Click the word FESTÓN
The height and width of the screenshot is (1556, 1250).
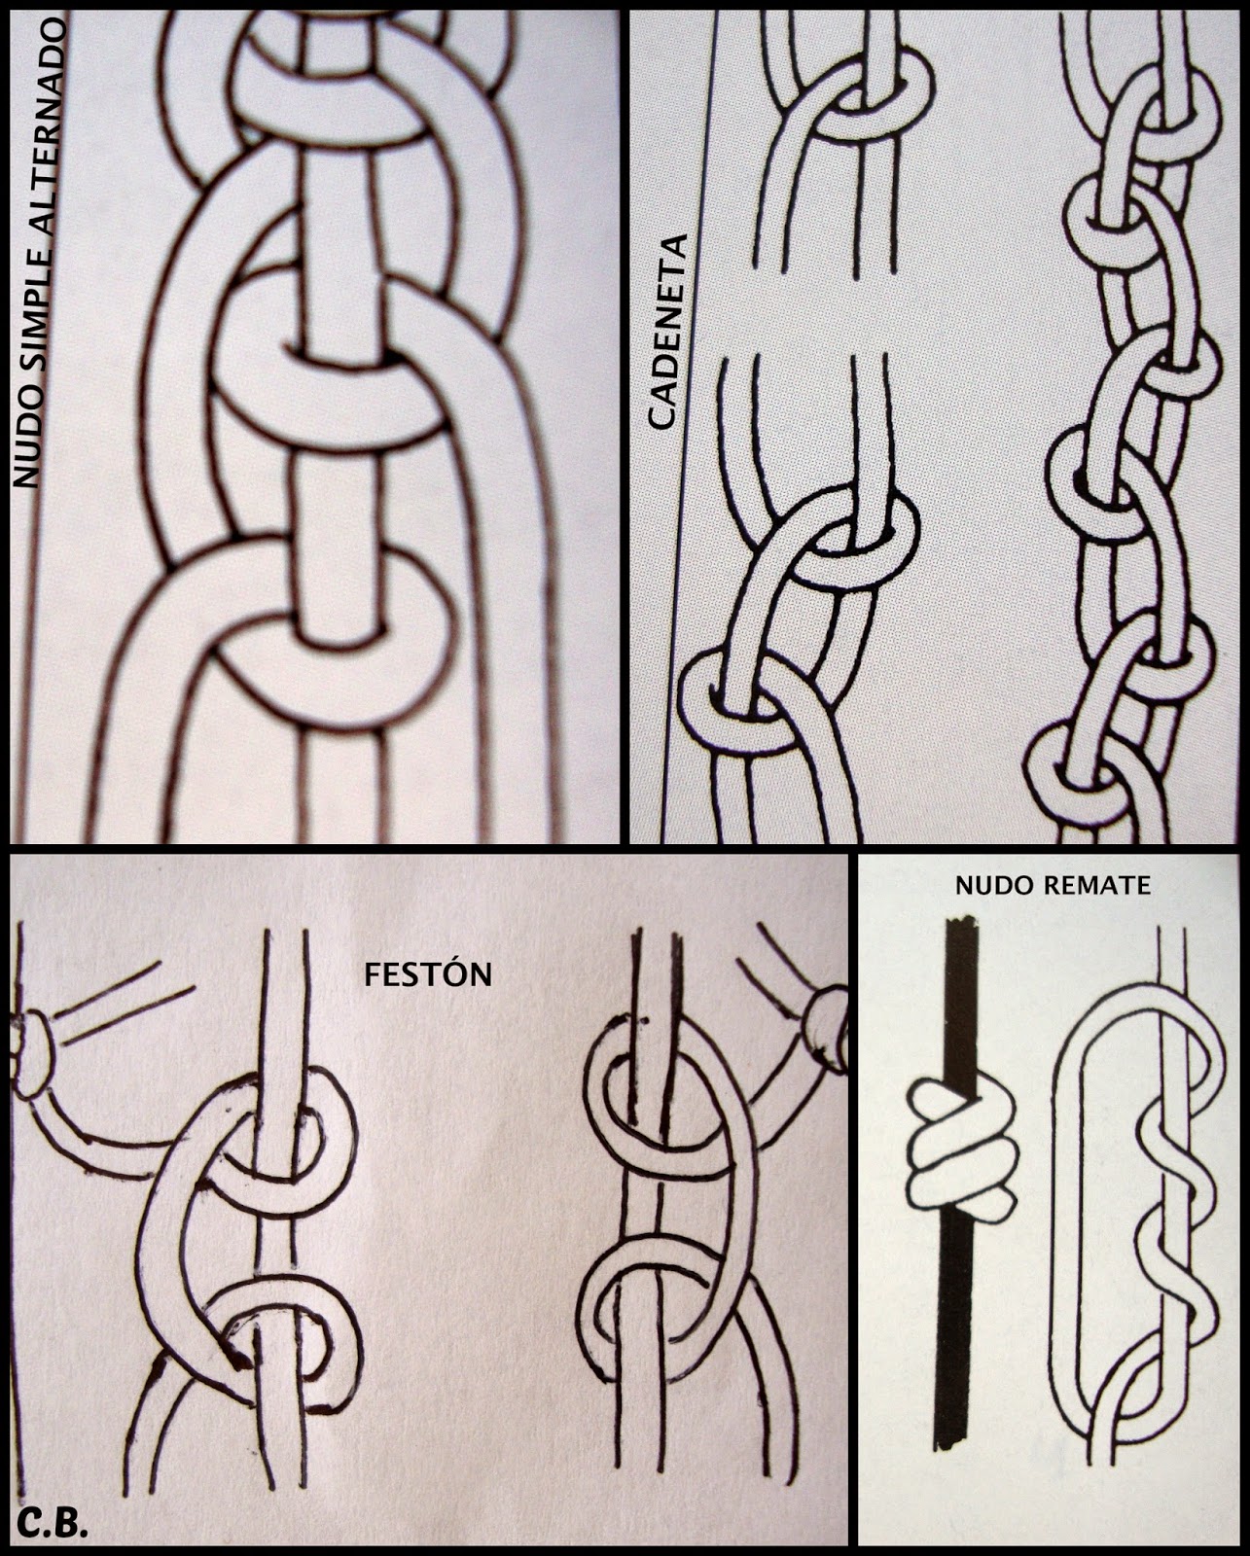(x=428, y=973)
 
